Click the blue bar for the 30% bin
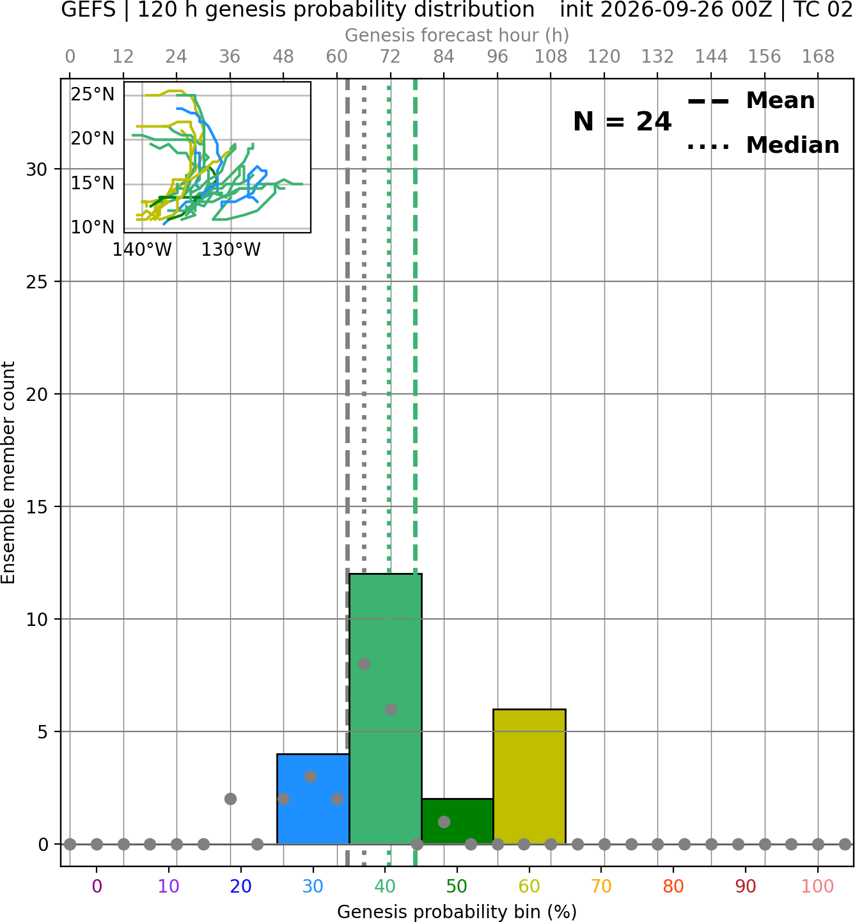click(313, 799)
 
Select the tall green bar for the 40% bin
click(386, 709)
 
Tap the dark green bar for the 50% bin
click(457, 822)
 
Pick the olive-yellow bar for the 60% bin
click(529, 777)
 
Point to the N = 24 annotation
click(622, 121)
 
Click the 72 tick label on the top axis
click(390, 57)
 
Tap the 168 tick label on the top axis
click(818, 57)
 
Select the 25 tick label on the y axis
click(36, 282)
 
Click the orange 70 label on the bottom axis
click(601, 887)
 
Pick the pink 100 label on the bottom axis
click(818, 887)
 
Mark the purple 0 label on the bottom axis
click(97, 887)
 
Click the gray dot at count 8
click(364, 664)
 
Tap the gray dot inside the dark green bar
click(444, 822)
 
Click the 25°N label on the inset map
click(93, 95)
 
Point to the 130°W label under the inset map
click(231, 250)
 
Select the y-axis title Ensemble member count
click(8, 473)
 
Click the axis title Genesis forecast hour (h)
click(457, 35)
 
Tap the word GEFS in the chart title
click(88, 10)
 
